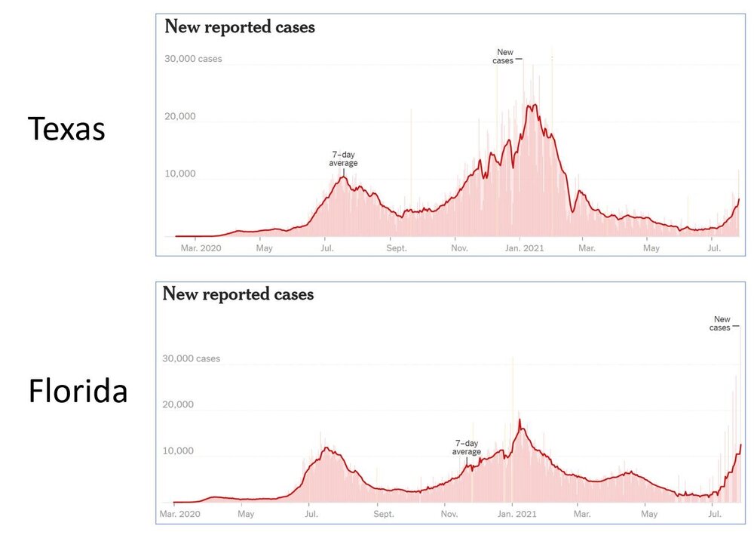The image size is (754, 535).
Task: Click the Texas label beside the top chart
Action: coord(66,129)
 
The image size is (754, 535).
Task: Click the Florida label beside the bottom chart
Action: coord(78,392)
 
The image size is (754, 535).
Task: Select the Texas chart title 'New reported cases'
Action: coord(239,27)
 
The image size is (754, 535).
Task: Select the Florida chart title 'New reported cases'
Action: coord(238,294)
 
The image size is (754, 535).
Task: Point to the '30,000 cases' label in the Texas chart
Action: coord(193,59)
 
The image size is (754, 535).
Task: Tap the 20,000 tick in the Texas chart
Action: coord(180,116)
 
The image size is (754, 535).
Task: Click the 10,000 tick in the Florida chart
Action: coord(178,451)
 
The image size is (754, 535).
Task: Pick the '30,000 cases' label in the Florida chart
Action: coord(192,358)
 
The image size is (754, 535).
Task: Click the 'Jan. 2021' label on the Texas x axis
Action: coord(524,248)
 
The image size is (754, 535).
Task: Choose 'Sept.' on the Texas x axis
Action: coord(397,248)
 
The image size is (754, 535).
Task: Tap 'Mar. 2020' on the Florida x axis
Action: coord(179,515)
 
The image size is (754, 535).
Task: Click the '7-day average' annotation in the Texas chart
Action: coord(343,158)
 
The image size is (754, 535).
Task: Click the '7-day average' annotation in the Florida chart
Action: coord(466,447)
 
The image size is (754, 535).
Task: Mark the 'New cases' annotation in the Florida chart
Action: coord(720,324)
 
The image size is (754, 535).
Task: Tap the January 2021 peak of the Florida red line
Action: coord(520,420)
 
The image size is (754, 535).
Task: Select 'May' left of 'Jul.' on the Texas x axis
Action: coord(264,248)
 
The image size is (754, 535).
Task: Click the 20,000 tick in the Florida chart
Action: coord(178,404)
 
